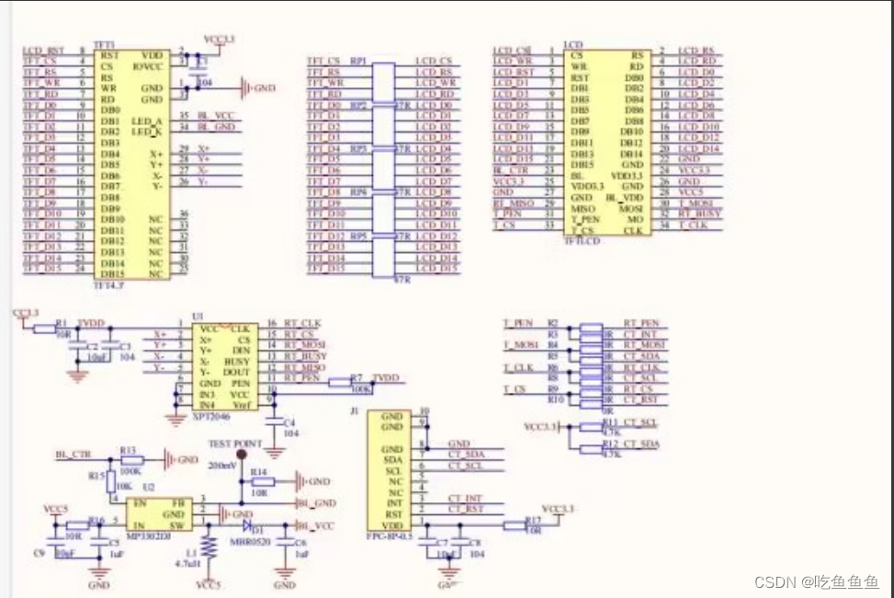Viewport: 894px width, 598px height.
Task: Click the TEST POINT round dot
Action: [x=241, y=454]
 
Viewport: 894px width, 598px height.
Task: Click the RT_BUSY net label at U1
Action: [x=302, y=356]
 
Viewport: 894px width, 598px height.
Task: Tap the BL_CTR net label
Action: [x=73, y=454]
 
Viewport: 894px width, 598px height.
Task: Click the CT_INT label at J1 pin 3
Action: [x=466, y=499]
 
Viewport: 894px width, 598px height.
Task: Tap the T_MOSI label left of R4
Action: [x=519, y=345]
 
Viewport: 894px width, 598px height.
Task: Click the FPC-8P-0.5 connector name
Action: [x=389, y=533]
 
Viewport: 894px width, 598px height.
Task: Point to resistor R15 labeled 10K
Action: [x=109, y=481]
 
